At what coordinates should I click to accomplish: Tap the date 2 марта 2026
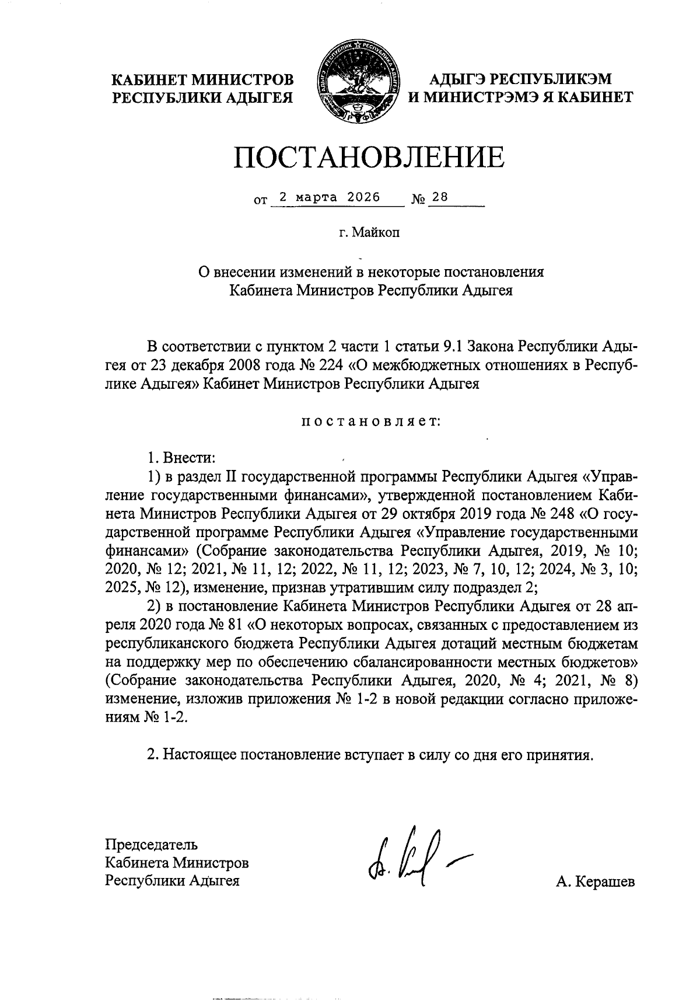point(330,197)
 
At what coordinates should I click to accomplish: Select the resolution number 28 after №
point(440,197)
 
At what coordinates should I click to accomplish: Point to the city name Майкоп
point(374,233)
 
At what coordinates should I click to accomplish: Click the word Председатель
point(151,844)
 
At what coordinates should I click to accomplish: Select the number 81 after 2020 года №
point(234,625)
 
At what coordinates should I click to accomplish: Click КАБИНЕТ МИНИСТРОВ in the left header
point(202,79)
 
